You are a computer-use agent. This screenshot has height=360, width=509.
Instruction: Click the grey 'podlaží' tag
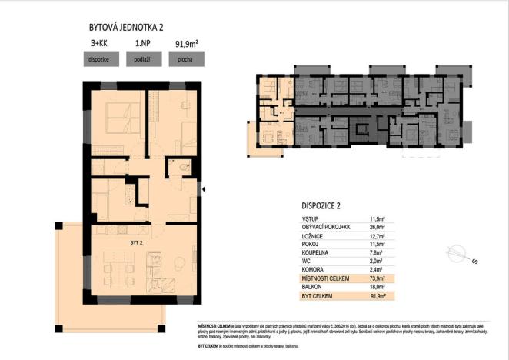[x=141, y=58]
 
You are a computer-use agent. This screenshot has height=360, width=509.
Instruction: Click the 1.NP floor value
[x=141, y=45]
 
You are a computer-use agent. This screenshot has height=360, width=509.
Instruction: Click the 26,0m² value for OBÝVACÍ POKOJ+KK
[x=377, y=228]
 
